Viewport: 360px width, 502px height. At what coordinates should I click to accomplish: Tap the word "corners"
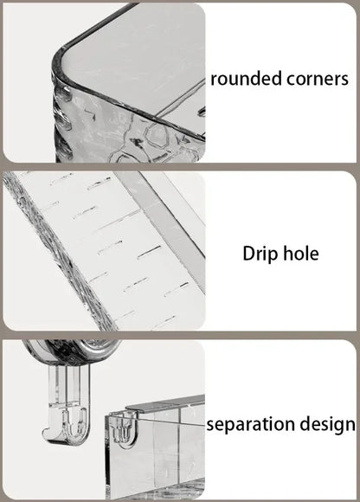[318, 80]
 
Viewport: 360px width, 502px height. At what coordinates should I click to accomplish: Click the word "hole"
[301, 254]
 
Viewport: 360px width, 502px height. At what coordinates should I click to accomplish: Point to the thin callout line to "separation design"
[170, 421]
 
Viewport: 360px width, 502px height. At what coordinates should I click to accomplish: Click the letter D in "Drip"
[248, 254]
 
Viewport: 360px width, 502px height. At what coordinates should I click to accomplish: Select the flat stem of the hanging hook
[69, 384]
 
